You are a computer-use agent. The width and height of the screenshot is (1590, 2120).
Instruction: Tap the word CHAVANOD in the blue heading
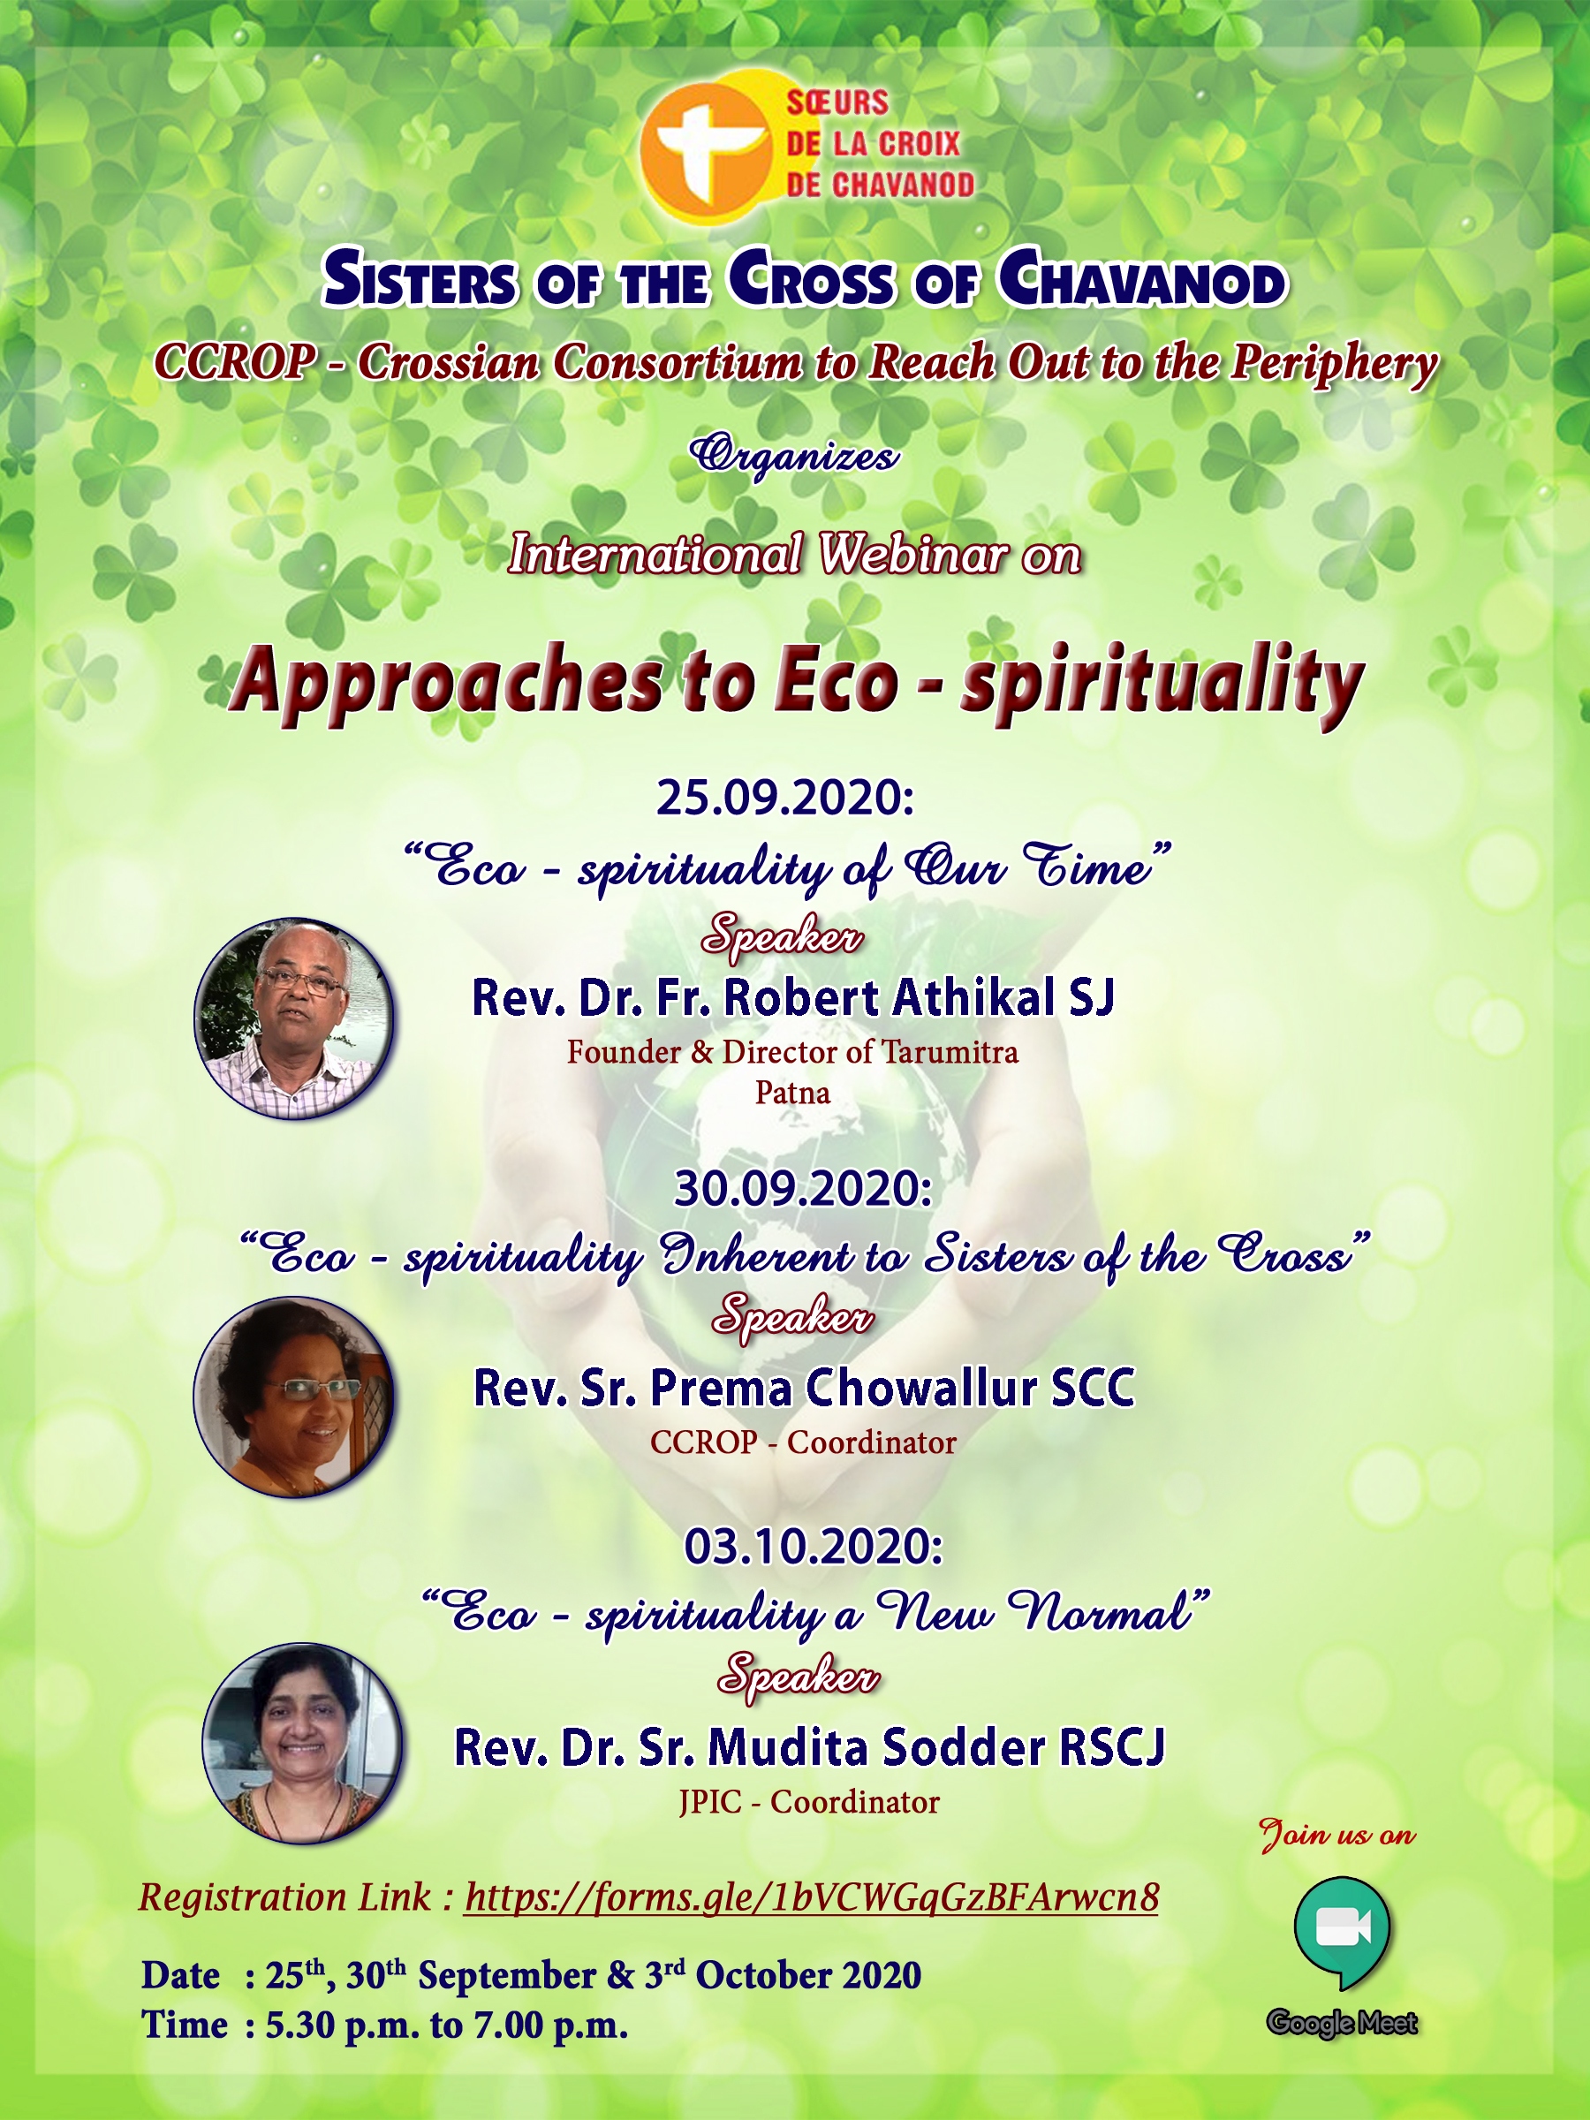1141,280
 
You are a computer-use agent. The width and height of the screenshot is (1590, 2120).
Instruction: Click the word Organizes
794,455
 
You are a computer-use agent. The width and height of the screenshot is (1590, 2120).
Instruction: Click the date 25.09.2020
785,798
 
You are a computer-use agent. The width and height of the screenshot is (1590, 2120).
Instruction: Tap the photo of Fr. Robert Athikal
293,1018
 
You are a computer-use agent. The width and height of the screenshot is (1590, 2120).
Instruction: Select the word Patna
792,1093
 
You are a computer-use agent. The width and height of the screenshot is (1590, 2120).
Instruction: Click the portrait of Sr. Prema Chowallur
293,1397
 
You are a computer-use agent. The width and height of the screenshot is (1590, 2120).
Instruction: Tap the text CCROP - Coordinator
803,1442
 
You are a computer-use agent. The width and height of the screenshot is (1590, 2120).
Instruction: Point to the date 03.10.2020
814,1547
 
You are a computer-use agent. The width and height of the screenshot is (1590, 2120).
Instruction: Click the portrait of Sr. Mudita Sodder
302,1745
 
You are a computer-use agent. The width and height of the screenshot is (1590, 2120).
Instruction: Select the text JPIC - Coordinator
809,1803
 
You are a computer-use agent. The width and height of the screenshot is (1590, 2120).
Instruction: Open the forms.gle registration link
812,1897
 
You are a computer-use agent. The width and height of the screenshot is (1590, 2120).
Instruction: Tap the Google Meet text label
1342,2022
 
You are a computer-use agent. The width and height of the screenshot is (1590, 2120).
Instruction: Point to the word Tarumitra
950,1052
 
